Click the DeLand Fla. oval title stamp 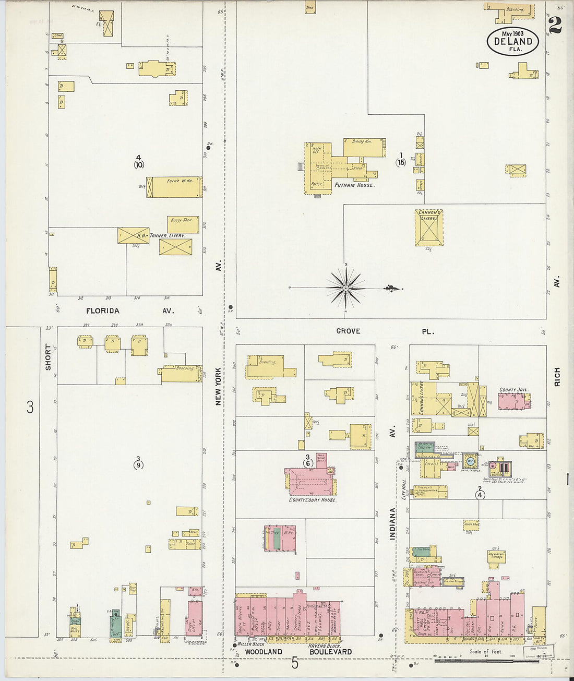point(513,41)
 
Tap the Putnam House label point(354,185)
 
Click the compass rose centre point(345,288)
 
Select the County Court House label point(313,500)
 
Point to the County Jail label point(515,390)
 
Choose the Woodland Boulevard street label point(298,652)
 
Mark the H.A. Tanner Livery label point(167,236)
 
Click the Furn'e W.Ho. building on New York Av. point(176,187)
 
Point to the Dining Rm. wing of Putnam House point(364,147)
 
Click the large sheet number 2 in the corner point(555,25)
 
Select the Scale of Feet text point(486,652)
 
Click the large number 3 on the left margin point(30,407)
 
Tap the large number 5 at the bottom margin point(295,663)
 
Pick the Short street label point(49,357)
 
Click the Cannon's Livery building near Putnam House point(429,228)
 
